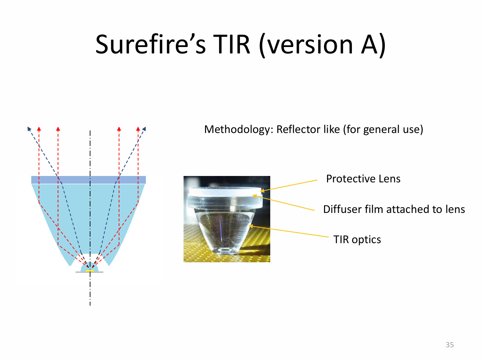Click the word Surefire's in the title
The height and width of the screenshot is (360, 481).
151,44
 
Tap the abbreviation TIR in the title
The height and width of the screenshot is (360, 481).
231,44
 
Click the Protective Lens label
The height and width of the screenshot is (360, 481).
363,179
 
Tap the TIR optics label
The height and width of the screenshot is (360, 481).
357,239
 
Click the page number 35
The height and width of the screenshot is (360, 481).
450,345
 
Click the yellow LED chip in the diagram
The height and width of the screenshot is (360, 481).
90,270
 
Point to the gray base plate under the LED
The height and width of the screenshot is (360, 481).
89,272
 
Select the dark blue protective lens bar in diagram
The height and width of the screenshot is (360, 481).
88,180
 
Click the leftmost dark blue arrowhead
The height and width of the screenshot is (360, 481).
29,129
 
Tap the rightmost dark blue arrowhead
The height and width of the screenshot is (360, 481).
144,129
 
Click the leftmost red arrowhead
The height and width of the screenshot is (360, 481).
39,129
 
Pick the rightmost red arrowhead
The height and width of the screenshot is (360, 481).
138,129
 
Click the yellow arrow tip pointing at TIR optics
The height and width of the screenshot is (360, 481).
250,226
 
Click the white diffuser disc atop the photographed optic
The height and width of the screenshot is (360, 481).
225,191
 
